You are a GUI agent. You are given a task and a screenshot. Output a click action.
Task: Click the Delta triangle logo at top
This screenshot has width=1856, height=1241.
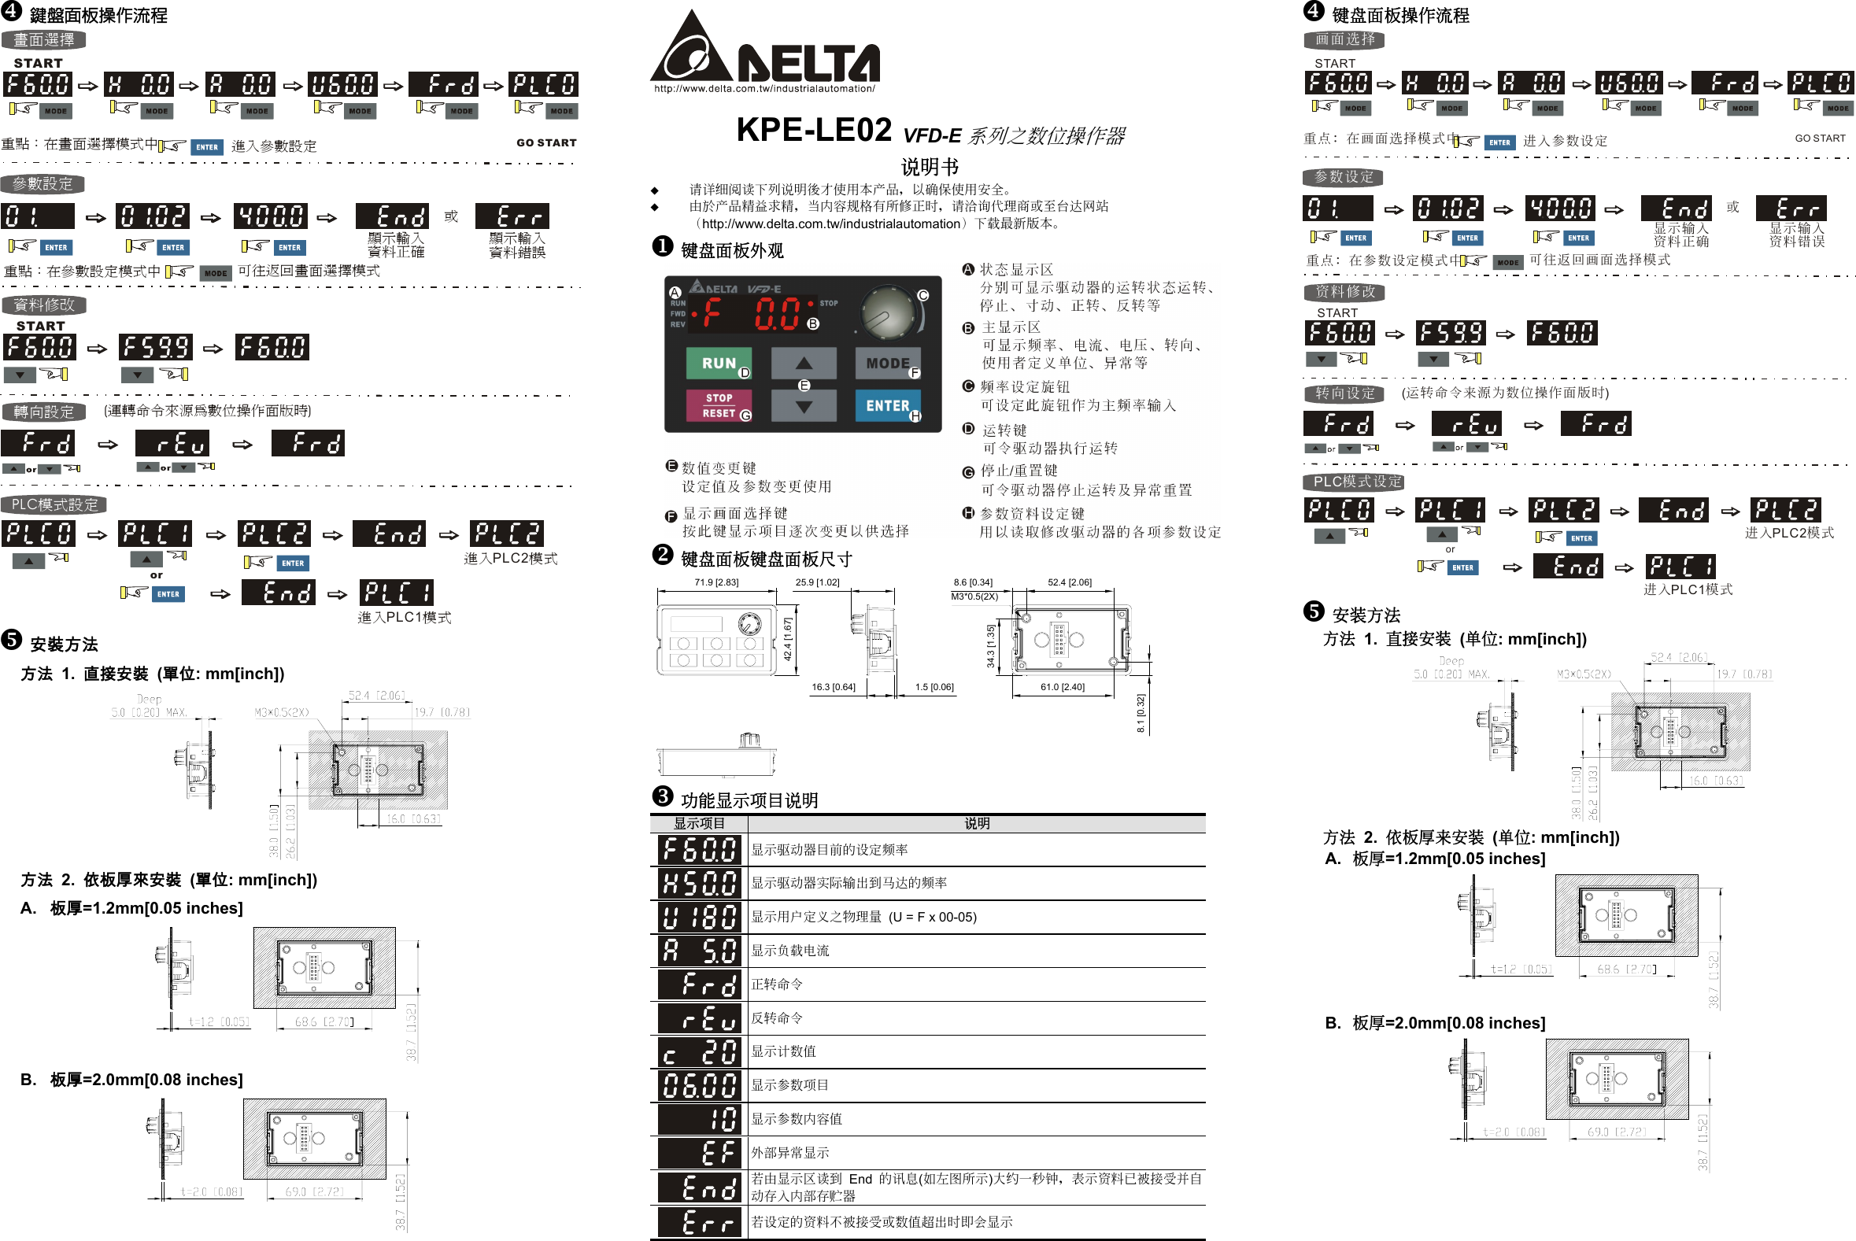tap(690, 49)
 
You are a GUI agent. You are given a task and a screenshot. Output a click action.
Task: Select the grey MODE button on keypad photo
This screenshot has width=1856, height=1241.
tap(886, 364)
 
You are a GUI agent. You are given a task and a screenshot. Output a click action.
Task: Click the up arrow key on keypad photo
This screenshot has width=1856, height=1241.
tap(804, 364)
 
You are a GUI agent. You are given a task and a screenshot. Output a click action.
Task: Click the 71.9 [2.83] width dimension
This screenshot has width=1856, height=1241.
tap(715, 582)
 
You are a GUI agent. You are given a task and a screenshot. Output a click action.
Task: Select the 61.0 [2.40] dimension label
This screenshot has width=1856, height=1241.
tap(1061, 687)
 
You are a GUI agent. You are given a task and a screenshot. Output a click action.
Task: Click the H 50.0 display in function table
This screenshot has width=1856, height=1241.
tap(699, 883)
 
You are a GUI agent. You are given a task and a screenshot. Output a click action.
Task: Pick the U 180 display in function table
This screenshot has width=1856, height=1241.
tap(699, 918)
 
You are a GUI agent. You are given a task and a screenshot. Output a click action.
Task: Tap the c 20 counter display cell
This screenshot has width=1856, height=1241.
tap(699, 1052)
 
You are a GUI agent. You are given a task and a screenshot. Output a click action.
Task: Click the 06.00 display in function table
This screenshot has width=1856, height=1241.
tap(699, 1086)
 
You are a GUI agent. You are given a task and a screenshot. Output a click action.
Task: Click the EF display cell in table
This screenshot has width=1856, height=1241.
tap(699, 1153)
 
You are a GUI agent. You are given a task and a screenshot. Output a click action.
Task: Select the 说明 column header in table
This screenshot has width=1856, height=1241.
tap(976, 824)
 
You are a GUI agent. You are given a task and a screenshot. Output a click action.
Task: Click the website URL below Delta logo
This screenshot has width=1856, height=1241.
tap(763, 89)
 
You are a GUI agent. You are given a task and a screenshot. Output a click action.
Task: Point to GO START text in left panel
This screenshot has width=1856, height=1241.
tap(546, 143)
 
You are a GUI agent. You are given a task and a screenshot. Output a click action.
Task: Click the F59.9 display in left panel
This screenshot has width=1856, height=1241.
tap(156, 348)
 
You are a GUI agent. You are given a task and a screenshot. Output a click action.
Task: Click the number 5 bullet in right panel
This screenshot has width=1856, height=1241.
tap(1313, 611)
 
